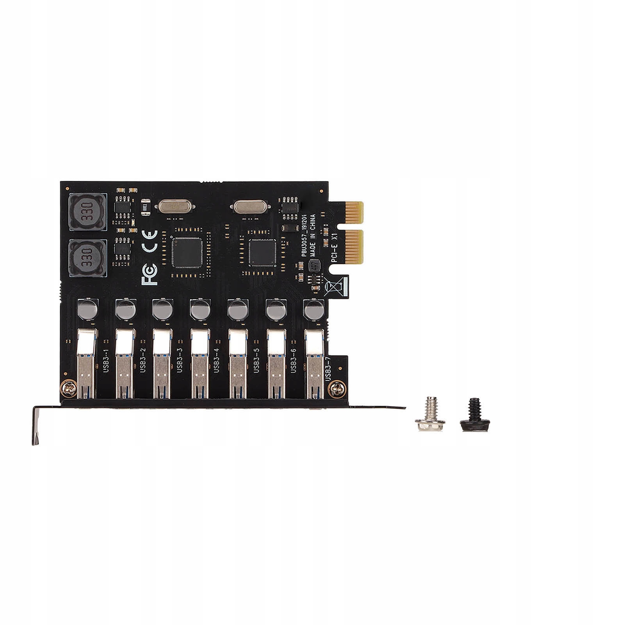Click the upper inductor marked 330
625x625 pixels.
tap(87, 212)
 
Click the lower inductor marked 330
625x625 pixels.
tap(87, 258)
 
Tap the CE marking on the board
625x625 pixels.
tap(150, 241)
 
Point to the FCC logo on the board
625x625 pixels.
tap(150, 274)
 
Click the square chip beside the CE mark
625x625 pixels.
tap(188, 253)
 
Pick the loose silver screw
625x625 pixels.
tap(430, 420)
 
